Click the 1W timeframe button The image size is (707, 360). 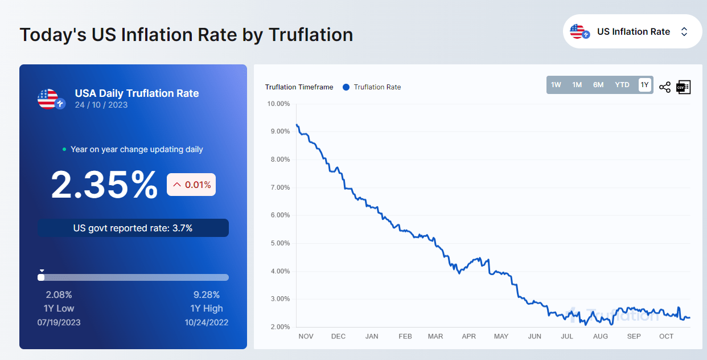point(556,85)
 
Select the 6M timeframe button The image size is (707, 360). point(598,85)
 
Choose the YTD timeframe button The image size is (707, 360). point(622,85)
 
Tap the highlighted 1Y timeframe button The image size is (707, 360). point(644,85)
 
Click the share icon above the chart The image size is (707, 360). point(664,87)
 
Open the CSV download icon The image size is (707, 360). point(683,87)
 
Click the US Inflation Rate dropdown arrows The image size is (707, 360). point(684,32)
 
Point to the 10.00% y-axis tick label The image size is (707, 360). point(278,104)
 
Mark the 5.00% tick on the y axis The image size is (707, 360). point(278,243)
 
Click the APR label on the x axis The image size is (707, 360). point(468,337)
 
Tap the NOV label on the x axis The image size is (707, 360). point(306,337)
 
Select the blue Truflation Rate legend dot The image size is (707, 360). point(346,87)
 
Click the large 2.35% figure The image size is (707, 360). point(104,185)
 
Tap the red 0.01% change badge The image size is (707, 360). point(191,185)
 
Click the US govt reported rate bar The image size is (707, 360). point(133,228)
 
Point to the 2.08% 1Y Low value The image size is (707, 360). point(59,294)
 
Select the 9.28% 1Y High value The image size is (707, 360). point(205,294)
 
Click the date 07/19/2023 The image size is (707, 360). point(59,322)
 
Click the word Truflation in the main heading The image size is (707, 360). point(311,35)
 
